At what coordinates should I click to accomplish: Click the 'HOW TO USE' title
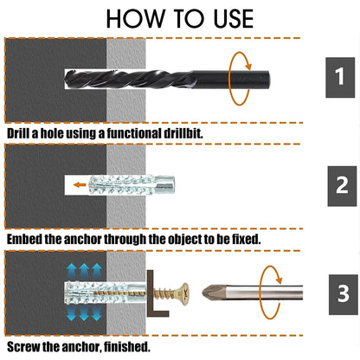point(180,18)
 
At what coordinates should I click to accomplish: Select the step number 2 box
point(341,183)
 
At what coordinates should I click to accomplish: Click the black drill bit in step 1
point(147,80)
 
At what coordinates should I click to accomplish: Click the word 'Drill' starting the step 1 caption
point(21,134)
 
